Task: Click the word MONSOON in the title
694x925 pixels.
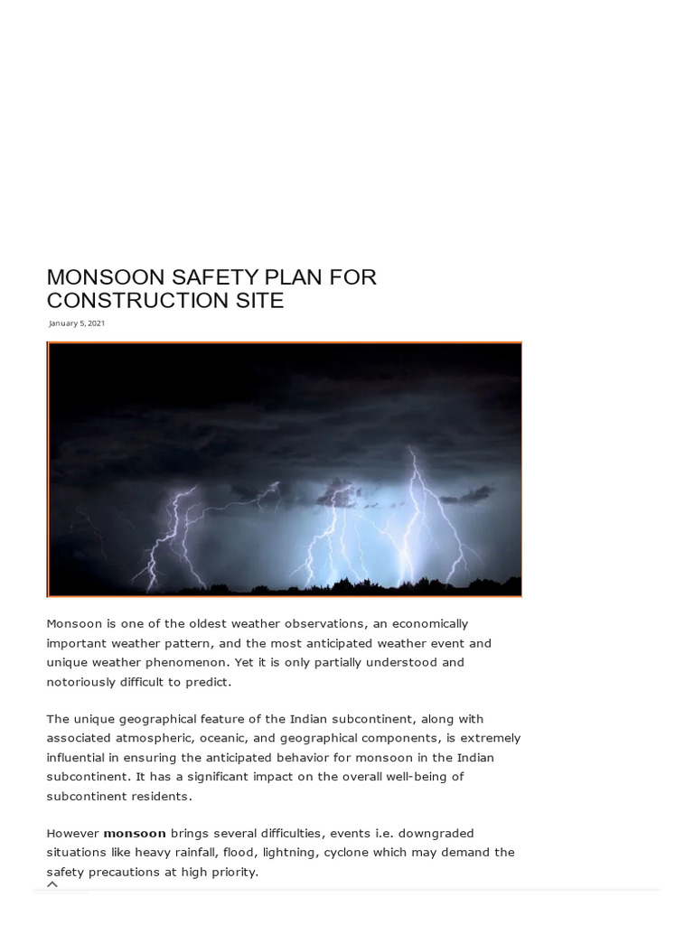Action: pos(101,277)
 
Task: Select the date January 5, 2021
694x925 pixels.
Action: pos(77,323)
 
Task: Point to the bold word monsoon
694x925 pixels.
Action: pos(135,833)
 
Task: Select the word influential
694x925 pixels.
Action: pos(80,757)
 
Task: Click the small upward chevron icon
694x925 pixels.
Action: pos(52,884)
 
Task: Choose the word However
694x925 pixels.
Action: pos(72,833)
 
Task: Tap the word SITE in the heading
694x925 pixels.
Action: pos(259,301)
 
